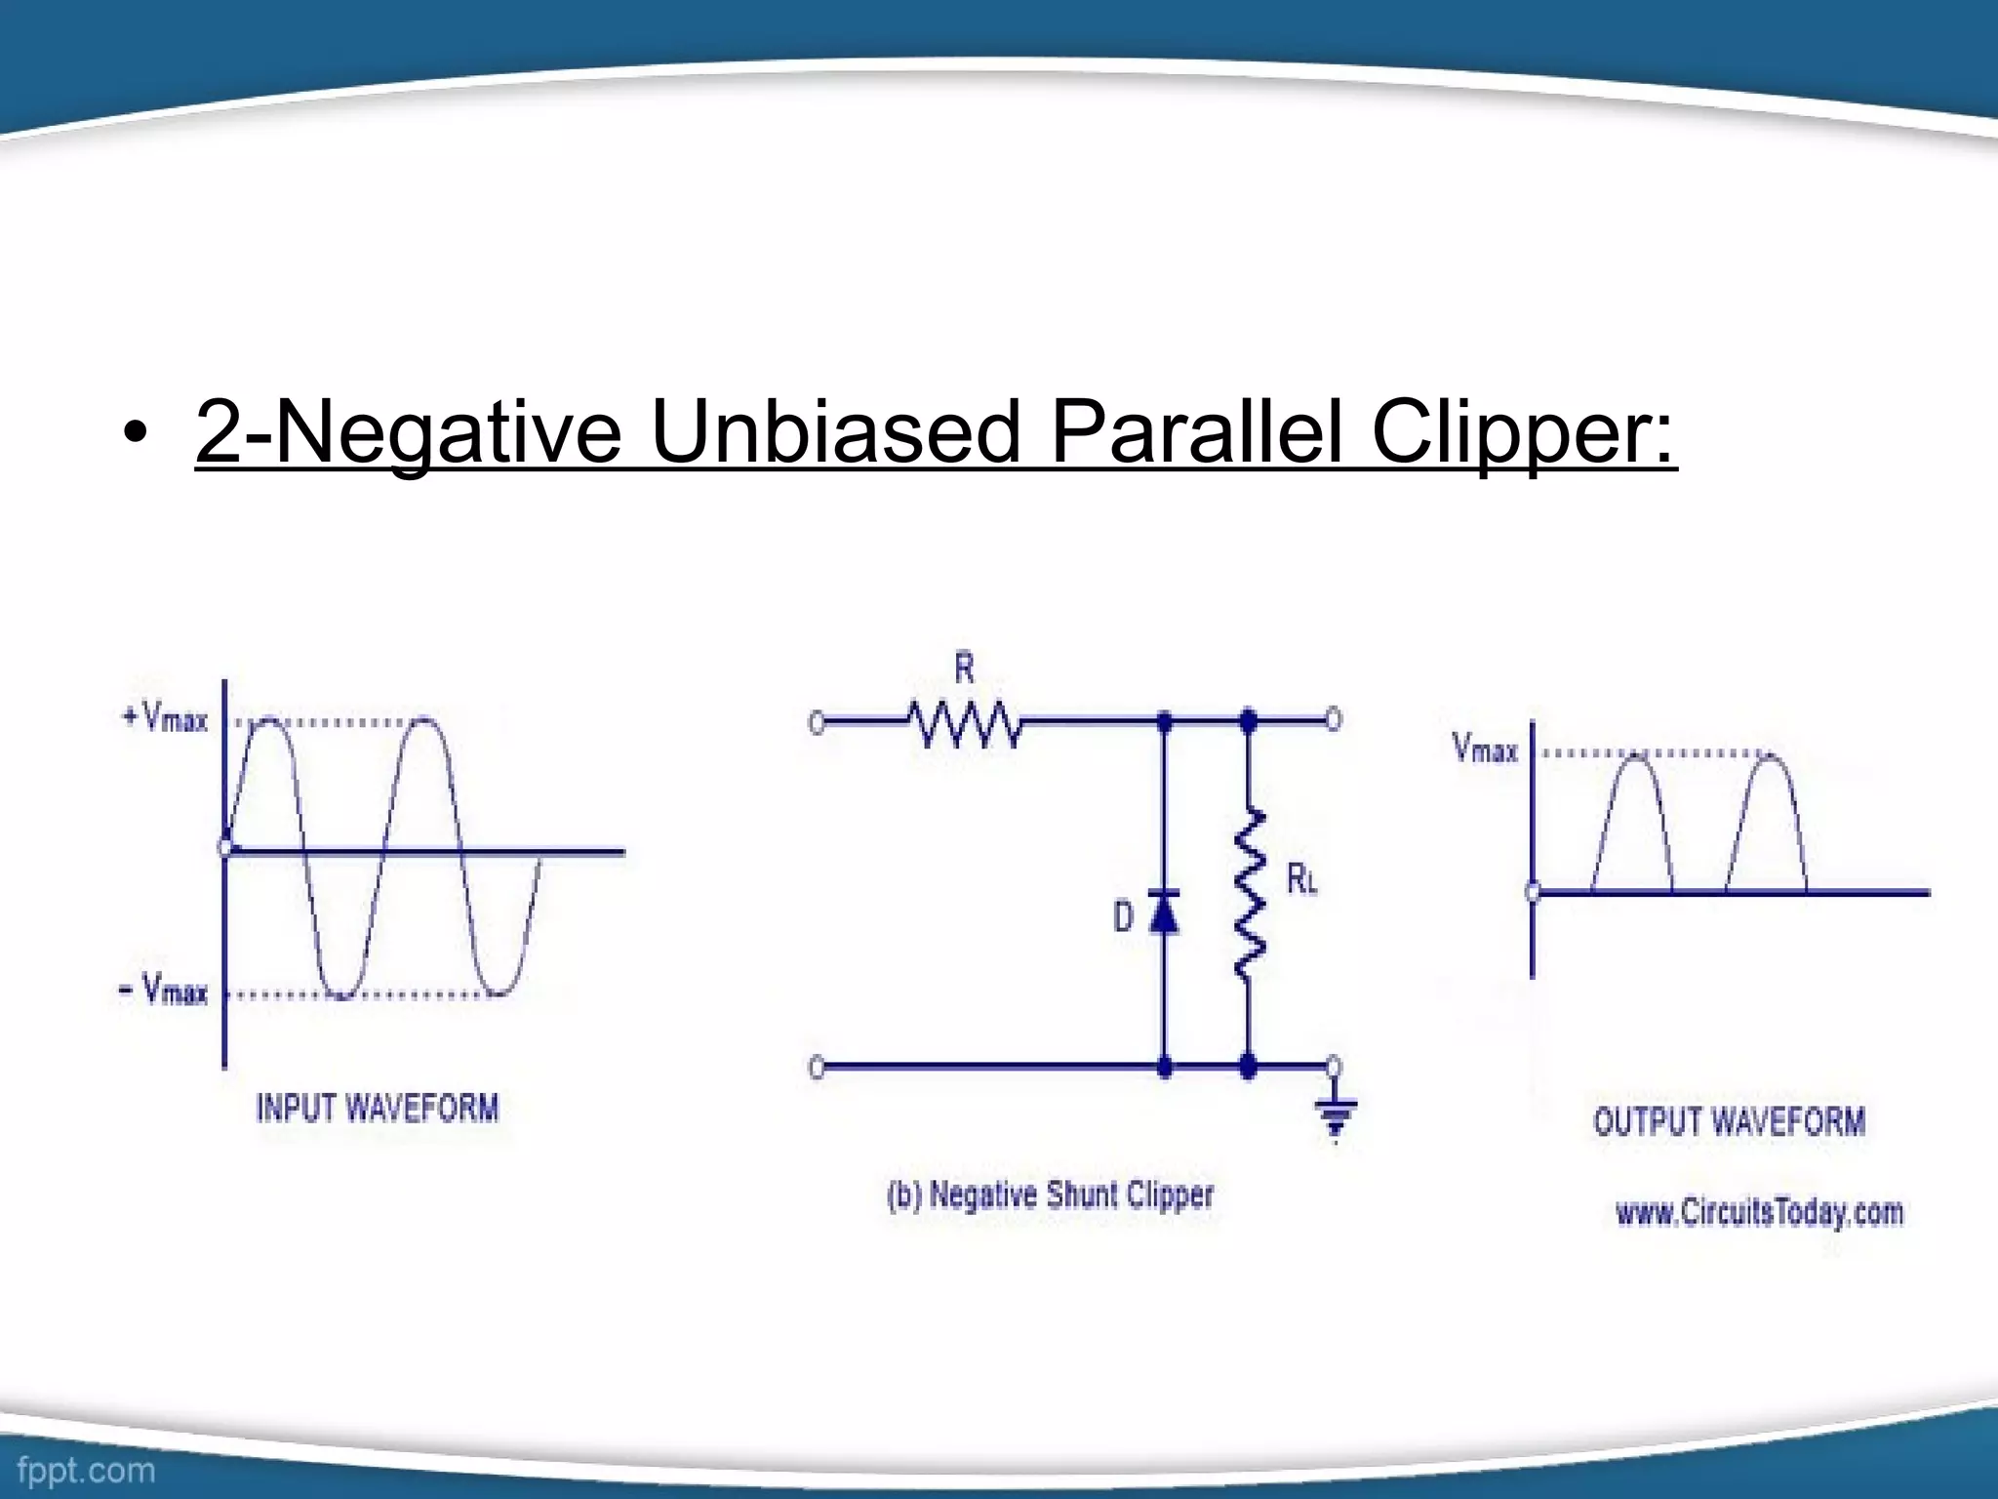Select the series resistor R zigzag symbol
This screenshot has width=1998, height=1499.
(x=965, y=724)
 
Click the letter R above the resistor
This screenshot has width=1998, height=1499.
(x=964, y=669)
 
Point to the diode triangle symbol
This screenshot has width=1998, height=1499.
(x=1163, y=913)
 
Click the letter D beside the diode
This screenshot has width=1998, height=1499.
(x=1124, y=917)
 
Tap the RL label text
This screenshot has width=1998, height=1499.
(x=1301, y=880)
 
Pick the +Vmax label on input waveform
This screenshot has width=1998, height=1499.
(x=165, y=719)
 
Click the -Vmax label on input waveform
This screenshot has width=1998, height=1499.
(x=164, y=992)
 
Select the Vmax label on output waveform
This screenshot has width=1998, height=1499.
(x=1485, y=749)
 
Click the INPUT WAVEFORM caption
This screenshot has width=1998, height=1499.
(x=378, y=1109)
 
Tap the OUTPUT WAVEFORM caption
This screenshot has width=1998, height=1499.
(x=1729, y=1121)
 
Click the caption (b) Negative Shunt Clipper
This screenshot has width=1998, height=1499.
(x=1051, y=1195)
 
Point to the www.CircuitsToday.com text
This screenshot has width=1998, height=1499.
(x=1759, y=1213)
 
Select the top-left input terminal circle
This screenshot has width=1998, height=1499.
(x=818, y=723)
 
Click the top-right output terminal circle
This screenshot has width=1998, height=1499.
(x=1333, y=720)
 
